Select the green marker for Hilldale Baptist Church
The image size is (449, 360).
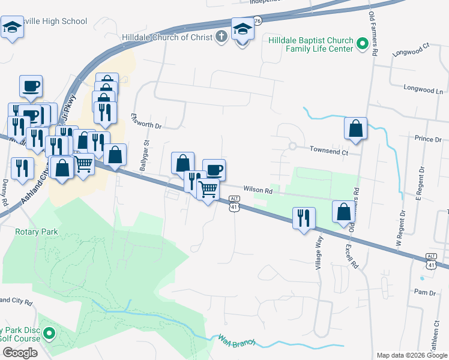click(363, 44)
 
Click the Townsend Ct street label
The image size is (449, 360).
click(328, 152)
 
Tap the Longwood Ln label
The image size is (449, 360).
click(423, 91)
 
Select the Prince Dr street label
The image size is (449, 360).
click(427, 139)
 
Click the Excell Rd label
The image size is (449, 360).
click(350, 256)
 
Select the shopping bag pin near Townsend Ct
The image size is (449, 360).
click(356, 128)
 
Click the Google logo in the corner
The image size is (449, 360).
click(20, 353)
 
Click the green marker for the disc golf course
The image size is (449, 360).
click(50, 334)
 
